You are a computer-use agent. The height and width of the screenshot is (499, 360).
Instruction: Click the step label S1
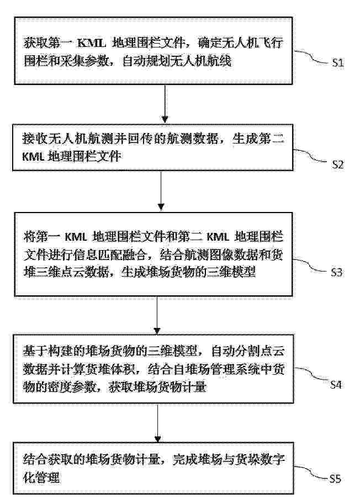click(x=337, y=62)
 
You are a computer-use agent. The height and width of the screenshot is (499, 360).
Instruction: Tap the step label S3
click(x=336, y=273)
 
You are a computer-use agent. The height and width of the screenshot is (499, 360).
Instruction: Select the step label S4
click(x=336, y=384)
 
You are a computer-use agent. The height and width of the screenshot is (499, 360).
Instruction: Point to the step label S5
click(x=335, y=479)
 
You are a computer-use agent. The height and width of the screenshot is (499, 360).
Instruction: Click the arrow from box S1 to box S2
click(x=165, y=104)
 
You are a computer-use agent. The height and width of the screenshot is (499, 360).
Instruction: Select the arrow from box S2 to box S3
click(x=161, y=191)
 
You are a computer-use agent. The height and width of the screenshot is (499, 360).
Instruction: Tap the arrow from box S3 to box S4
click(x=157, y=315)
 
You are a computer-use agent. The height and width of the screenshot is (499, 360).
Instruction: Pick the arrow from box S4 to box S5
click(x=157, y=423)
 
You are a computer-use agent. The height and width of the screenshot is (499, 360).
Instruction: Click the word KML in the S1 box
click(x=92, y=43)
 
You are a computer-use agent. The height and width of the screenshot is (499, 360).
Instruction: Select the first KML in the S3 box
click(x=76, y=237)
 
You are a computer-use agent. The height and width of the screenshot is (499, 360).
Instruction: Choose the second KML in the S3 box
click(x=218, y=237)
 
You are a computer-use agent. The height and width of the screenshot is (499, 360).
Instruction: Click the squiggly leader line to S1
click(x=312, y=57)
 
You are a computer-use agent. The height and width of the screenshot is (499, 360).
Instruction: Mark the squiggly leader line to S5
click(x=311, y=473)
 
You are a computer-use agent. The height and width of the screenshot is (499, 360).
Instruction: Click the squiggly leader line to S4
click(x=311, y=375)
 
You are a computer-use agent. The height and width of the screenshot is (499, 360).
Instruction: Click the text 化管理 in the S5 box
click(x=41, y=477)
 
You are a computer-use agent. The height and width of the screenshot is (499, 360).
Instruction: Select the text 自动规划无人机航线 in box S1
click(x=177, y=61)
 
